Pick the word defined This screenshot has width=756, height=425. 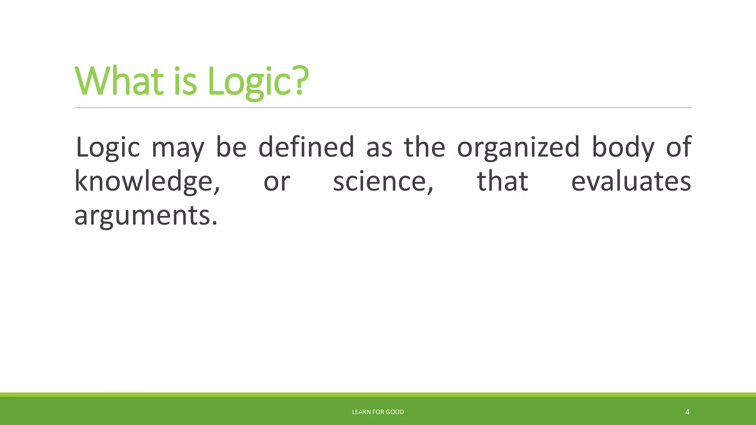click(x=306, y=147)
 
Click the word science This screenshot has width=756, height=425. click(x=383, y=182)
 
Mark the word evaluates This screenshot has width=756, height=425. click(x=631, y=182)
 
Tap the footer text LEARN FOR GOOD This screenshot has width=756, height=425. click(x=378, y=412)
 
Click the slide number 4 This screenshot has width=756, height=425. click(x=687, y=412)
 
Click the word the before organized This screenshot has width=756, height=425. click(x=425, y=147)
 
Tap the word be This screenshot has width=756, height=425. click(x=231, y=147)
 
